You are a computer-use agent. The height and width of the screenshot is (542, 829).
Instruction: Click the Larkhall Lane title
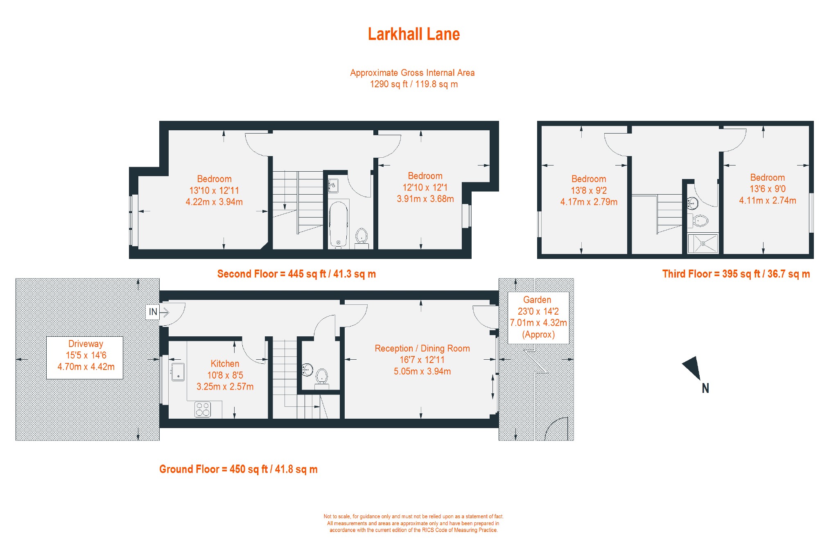pos(413,34)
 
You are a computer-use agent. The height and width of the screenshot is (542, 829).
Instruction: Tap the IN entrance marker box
pos(153,312)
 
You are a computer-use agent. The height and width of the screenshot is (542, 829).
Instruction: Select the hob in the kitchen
pos(203,409)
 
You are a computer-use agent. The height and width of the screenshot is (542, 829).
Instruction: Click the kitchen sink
pos(178,372)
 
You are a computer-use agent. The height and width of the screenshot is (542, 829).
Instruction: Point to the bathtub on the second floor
pos(339,225)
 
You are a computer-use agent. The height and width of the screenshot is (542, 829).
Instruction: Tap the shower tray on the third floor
pos(703,243)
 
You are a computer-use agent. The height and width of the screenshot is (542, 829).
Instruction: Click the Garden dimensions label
pos(538,317)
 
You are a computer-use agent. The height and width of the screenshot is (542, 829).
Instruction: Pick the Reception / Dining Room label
pos(422,360)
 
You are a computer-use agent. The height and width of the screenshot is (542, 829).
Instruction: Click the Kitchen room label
pos(225,375)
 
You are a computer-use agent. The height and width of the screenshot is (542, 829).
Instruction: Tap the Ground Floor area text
pos(238,469)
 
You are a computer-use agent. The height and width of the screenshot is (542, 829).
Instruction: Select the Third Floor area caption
pos(736,274)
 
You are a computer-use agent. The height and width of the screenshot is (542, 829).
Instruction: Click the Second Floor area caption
pos(296,274)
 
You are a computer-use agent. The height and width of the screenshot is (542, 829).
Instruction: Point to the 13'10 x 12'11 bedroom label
pos(214,190)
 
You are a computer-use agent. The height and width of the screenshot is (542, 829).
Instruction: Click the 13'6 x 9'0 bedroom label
pos(767,189)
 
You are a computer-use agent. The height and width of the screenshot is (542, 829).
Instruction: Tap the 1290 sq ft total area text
pos(413,84)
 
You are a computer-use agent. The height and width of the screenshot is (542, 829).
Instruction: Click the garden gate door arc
pos(557,429)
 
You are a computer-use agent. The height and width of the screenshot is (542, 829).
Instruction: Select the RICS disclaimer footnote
pos(413,523)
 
